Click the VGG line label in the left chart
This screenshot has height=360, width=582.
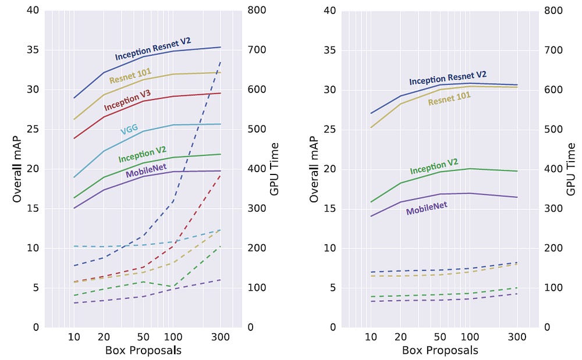129,129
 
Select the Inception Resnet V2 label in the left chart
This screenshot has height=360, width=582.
153,49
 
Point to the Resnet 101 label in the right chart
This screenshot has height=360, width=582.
449,98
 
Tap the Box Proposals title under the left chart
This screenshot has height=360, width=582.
143,350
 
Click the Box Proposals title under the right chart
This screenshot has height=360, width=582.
440,350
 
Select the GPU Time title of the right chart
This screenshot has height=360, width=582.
571,169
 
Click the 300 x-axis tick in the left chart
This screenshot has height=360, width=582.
221,337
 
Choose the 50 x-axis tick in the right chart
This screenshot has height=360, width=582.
440,337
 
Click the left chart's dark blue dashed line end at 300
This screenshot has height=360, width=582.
221,62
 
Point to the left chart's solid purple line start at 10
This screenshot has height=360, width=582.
74,208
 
